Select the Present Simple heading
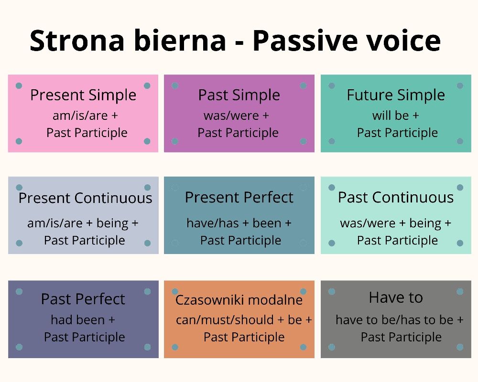[x=83, y=95]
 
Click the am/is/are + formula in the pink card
[x=85, y=116]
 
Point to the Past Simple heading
[x=239, y=95]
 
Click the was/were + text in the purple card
[x=236, y=116]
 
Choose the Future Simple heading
[x=396, y=95]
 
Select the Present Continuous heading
[x=85, y=198]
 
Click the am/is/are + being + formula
[x=83, y=223]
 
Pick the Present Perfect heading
[x=239, y=197]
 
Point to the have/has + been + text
[x=239, y=223]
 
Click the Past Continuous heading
[x=396, y=197]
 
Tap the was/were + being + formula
[x=395, y=223]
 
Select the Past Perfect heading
[x=83, y=299]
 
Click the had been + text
[x=83, y=319]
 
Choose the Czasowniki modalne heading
[x=239, y=300]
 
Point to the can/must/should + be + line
[x=244, y=319]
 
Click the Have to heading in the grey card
[x=396, y=297]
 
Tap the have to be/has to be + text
[x=399, y=319]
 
